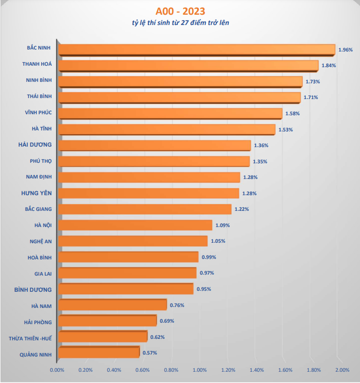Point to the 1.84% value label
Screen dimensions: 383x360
pyautogui.click(x=329, y=66)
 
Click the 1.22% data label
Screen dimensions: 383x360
pyautogui.click(x=242, y=209)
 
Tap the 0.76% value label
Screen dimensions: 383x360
pyautogui.click(x=177, y=305)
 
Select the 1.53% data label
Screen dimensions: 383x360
pyautogui.click(x=286, y=129)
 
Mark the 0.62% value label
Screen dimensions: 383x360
pyautogui.click(x=157, y=337)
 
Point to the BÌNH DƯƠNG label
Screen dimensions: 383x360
pyautogui.click(x=33, y=289)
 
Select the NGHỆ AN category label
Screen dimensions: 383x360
pyautogui.click(x=41, y=241)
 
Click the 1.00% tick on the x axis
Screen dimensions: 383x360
pyautogui.click(x=200, y=370)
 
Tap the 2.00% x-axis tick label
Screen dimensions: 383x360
pyautogui.click(x=342, y=370)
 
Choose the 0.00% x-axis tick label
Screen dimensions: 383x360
pyautogui.click(x=58, y=370)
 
